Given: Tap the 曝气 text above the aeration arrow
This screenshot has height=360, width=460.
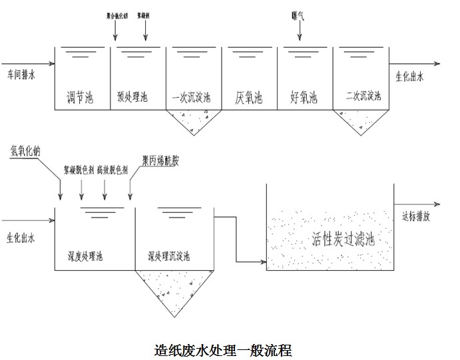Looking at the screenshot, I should click(x=299, y=15).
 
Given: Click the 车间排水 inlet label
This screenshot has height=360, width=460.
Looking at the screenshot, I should click(x=21, y=75).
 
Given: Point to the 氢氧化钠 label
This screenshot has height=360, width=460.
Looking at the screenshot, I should click(x=26, y=150).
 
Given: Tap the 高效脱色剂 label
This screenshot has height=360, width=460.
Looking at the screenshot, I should click(x=113, y=169).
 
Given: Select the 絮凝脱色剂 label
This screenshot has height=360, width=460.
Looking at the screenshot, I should click(x=79, y=169).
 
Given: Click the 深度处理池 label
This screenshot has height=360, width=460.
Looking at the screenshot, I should click(x=85, y=256).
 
